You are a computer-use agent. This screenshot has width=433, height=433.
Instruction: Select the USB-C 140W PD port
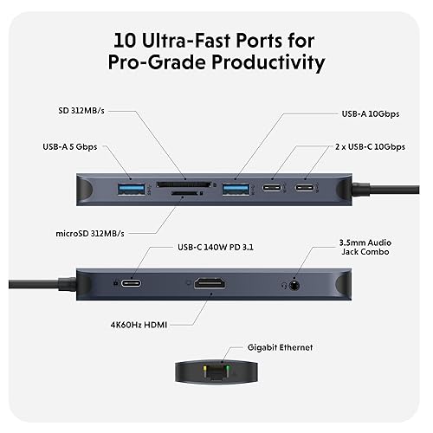[133, 283]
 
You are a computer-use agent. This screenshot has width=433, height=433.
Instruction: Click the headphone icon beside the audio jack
[282, 283]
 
